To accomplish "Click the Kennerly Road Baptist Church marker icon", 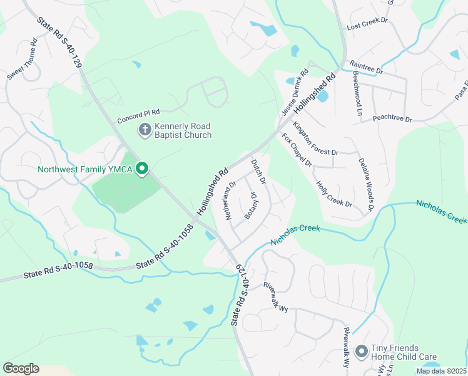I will [145, 130].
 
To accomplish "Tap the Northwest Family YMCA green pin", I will [142, 169].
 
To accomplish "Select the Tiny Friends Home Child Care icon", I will [361, 352].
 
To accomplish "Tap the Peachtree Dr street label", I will [392, 118].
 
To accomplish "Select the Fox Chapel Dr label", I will [297, 150].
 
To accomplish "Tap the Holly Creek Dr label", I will [335, 194].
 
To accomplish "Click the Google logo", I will [21, 368].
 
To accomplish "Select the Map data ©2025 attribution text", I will [441, 371].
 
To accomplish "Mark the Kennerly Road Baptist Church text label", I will [183, 130].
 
